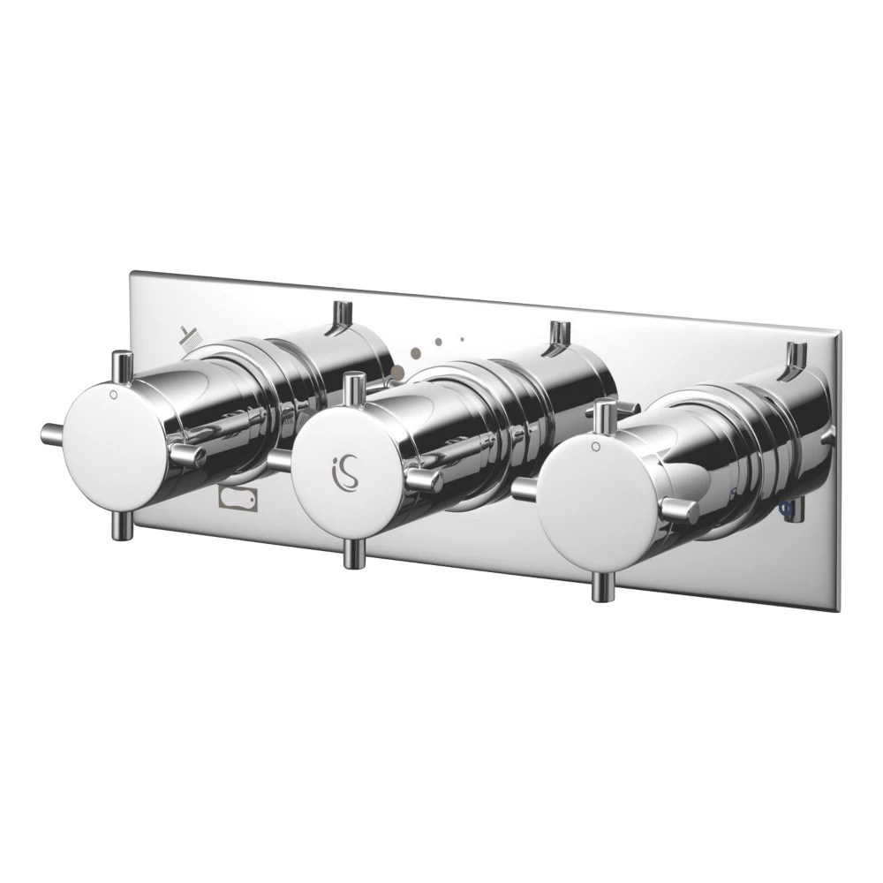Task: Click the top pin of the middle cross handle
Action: [x=355, y=389]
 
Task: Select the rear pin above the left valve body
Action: [x=336, y=317]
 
